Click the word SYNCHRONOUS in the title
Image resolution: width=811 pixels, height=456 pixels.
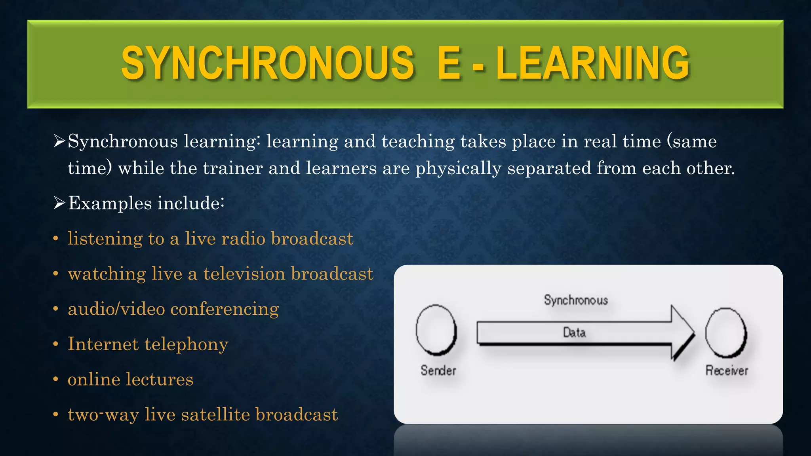pyautogui.click(x=268, y=63)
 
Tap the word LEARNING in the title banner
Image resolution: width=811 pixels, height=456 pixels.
pyautogui.click(x=592, y=63)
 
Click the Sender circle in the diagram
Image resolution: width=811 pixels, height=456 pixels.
pyautogui.click(x=436, y=330)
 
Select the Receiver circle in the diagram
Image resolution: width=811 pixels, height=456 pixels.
pyautogui.click(x=726, y=332)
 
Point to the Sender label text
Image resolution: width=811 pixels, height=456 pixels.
pyautogui.click(x=438, y=370)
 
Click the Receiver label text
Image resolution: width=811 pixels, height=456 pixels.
pyautogui.click(x=727, y=370)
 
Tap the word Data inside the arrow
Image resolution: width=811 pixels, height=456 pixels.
pyautogui.click(x=574, y=332)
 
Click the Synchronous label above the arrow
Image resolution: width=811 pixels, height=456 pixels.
pyautogui.click(x=576, y=300)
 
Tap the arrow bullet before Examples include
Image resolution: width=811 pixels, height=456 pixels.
pyautogui.click(x=59, y=203)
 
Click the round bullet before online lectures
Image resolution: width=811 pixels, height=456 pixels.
pyautogui.click(x=56, y=380)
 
